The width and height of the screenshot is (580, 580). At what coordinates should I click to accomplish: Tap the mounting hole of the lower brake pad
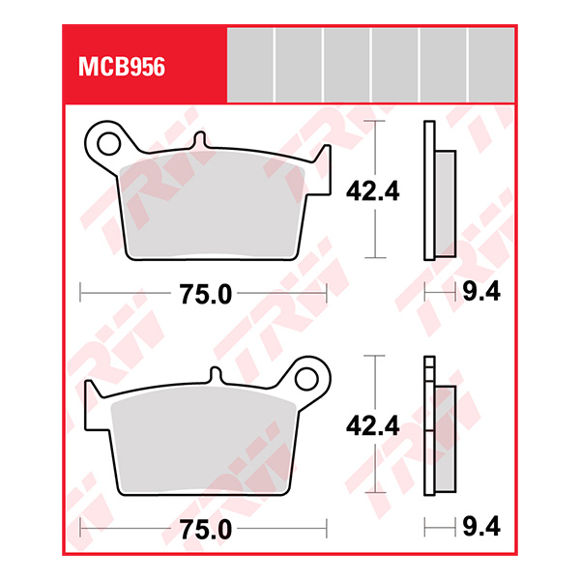308,378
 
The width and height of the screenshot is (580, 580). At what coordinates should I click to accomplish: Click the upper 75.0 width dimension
205,295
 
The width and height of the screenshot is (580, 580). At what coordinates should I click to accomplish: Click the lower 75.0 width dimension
205,529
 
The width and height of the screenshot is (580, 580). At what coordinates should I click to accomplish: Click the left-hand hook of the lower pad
92,392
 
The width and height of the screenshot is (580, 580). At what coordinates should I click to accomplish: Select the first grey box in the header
249,64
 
